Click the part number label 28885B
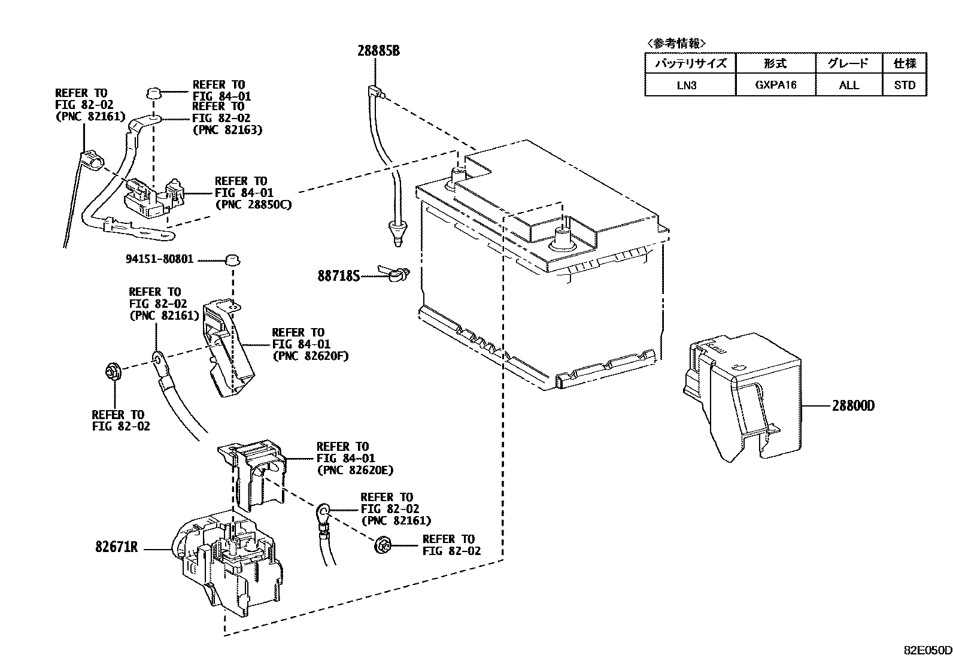tap(378, 51)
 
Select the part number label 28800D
tap(853, 405)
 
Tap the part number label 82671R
tap(117, 547)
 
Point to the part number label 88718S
tap(339, 276)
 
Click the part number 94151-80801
tap(160, 260)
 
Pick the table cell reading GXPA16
tap(775, 85)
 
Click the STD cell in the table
tap(905, 85)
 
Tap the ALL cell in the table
tap(849, 85)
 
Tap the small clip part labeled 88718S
tap(395, 275)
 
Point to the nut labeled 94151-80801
tap(231, 260)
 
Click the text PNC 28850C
tap(253, 205)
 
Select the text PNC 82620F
tap(310, 356)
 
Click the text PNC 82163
tap(227, 129)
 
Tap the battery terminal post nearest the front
tap(563, 235)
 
